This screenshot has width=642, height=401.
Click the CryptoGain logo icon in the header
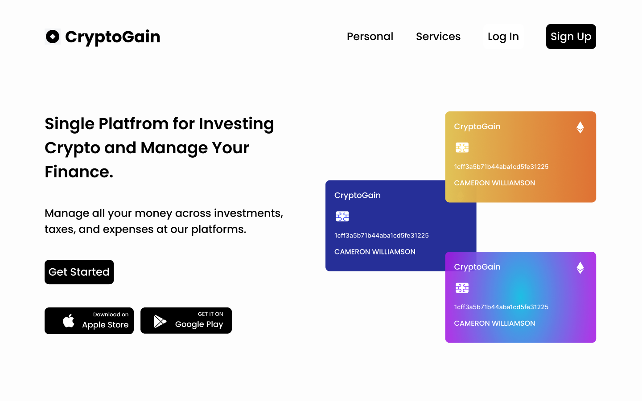53,37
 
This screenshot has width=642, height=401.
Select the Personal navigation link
370,37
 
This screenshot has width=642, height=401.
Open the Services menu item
438,37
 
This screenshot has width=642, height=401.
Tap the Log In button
503,37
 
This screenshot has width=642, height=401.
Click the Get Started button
79,272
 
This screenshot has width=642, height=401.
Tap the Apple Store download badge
89,320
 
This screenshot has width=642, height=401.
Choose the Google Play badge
186,320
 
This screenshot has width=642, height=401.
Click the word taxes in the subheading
60,229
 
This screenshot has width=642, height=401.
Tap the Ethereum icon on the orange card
580,127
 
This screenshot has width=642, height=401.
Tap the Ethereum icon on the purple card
580,268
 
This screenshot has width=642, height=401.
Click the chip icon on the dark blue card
342,216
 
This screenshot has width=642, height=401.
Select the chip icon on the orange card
462,147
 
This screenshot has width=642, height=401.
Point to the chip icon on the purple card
462,288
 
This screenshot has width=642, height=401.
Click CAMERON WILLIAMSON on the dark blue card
375,252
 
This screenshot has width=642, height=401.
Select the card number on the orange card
501,167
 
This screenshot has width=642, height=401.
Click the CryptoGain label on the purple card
477,267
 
